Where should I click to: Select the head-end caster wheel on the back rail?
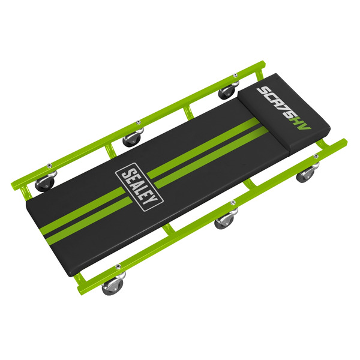[x=227, y=92]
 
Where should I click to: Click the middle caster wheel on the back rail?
[x=131, y=140]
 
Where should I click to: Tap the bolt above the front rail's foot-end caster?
[x=119, y=268]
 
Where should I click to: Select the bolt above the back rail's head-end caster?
[x=236, y=76]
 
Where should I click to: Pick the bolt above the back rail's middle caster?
[x=139, y=121]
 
